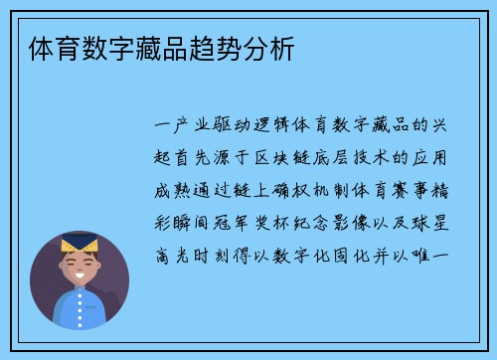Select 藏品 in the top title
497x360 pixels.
coord(153,48)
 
